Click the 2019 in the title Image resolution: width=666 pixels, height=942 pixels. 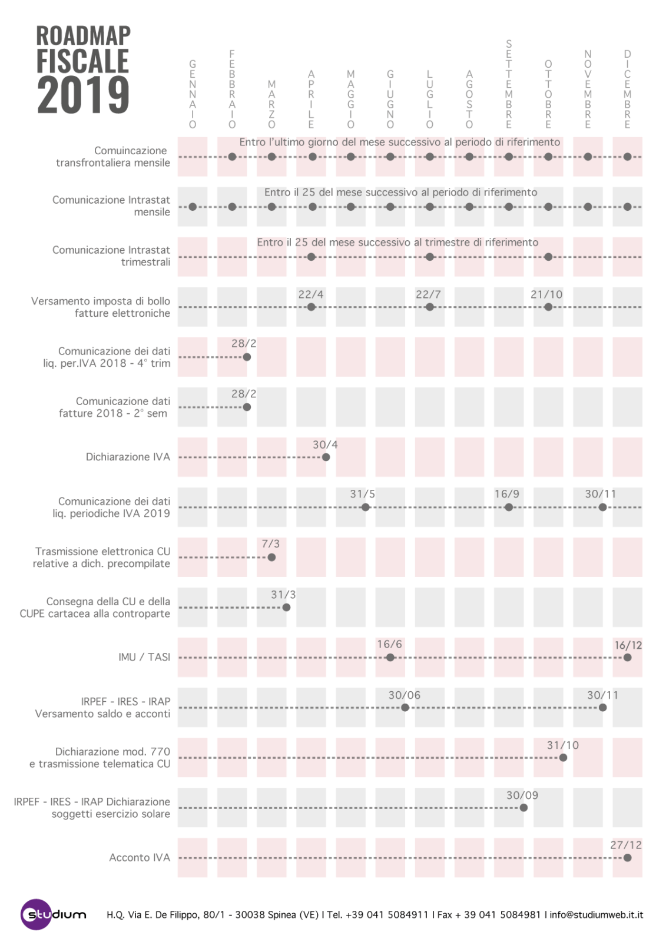(83, 95)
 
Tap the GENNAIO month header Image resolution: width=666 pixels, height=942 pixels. (193, 94)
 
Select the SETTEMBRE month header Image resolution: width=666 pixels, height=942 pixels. (509, 84)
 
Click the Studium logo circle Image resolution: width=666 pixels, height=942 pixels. (36, 914)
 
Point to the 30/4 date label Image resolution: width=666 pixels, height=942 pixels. (325, 445)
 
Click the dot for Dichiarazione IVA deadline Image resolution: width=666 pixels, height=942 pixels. (326, 457)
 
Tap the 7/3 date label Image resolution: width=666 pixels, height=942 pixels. (270, 544)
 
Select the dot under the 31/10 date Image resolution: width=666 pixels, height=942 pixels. (563, 757)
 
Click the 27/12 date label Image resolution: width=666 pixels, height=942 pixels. (626, 845)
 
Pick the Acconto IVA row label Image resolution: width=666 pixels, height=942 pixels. (140, 857)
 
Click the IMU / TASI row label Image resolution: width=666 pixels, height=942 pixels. (144, 657)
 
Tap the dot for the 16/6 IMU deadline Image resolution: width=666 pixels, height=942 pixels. (390, 657)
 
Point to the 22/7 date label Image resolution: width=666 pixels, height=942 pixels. (428, 294)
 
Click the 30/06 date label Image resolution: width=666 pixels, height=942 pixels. (405, 695)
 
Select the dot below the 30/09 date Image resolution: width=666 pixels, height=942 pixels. (523, 807)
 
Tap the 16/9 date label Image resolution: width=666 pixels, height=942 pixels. (506, 494)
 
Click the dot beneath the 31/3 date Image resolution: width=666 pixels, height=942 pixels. (286, 607)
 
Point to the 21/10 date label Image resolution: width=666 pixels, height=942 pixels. (546, 294)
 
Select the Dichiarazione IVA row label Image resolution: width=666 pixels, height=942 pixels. (128, 457)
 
